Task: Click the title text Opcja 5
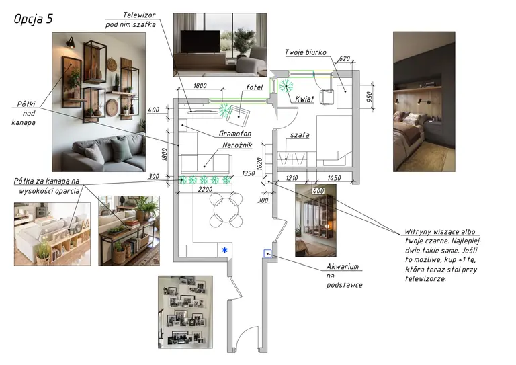[x=33, y=19]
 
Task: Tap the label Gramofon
[x=235, y=134]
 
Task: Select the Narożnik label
[x=237, y=145]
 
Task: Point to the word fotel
[x=255, y=87]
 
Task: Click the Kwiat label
[x=304, y=99]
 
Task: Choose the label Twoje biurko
[x=306, y=52]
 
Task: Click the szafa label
[x=300, y=135]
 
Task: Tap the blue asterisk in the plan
[x=225, y=251]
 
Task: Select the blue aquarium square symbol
[x=268, y=253]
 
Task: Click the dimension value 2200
[x=205, y=190]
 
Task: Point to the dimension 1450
[x=334, y=178]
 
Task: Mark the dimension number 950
[x=370, y=97]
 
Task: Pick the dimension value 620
[x=344, y=59]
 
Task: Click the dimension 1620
[x=259, y=164]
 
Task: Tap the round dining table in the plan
[x=226, y=210]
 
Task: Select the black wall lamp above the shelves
[x=70, y=42]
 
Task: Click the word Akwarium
[x=343, y=267]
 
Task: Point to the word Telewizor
[x=139, y=15]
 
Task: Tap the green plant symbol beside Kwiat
[x=286, y=86]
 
